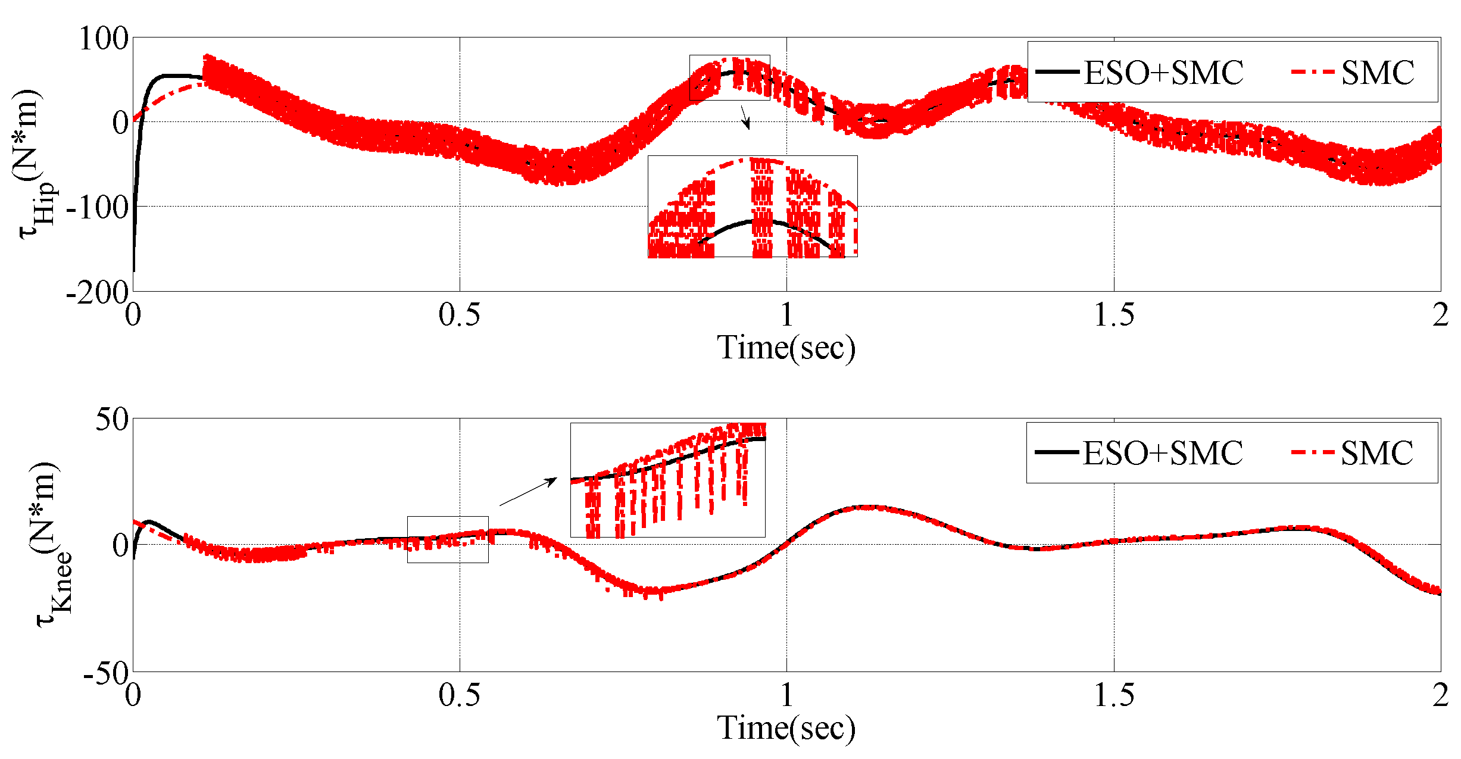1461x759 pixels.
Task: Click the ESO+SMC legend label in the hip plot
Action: (1163, 73)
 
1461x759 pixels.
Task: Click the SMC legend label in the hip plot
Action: (1378, 73)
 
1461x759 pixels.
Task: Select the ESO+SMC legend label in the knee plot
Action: (1162, 453)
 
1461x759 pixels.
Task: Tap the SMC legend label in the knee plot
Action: (1376, 453)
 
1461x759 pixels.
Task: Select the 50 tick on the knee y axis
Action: (113, 420)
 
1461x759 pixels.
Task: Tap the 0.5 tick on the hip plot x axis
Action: (459, 314)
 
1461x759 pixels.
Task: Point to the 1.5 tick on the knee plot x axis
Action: (1114, 695)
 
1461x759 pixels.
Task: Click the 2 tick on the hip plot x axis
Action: (1440, 314)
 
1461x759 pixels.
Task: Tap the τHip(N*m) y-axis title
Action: (36, 164)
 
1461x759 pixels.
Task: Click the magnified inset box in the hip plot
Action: (753, 206)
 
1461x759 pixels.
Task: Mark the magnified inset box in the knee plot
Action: (667, 480)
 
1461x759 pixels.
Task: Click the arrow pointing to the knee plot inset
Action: (527, 491)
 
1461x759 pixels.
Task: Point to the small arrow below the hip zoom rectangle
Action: (745, 117)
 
